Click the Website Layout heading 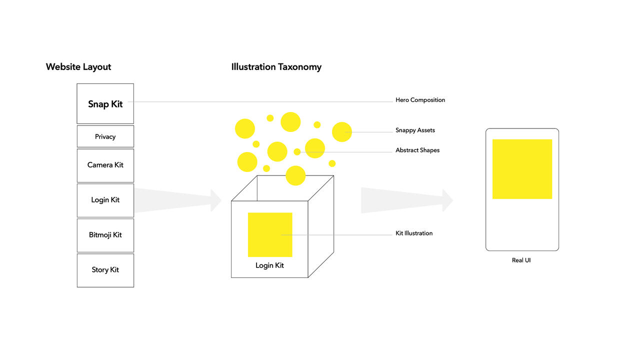(x=78, y=67)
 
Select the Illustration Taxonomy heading (x=276, y=67)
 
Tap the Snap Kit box (x=105, y=103)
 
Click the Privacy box (x=105, y=136)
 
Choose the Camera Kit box (x=105, y=165)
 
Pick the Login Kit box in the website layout (x=105, y=200)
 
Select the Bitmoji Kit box (x=105, y=235)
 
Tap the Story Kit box (x=105, y=270)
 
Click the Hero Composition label (x=420, y=100)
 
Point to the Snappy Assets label (x=415, y=130)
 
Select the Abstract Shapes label (x=417, y=150)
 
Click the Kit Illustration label (x=414, y=233)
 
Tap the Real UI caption (x=521, y=260)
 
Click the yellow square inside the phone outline (x=522, y=169)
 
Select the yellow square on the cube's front (x=270, y=234)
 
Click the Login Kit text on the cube (x=269, y=265)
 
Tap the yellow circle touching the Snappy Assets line (x=342, y=132)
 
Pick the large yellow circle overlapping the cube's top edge (x=295, y=175)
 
